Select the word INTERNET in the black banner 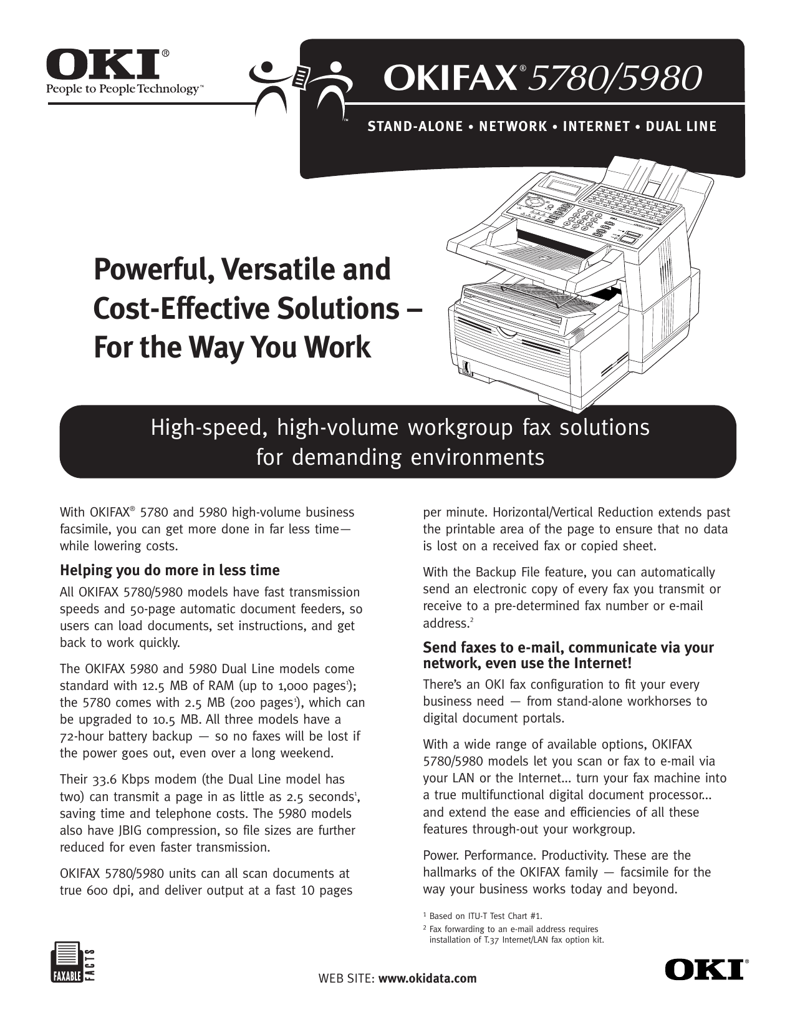[596, 127]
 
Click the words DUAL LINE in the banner [681, 127]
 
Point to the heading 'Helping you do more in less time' [170, 570]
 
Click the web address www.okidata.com [428, 978]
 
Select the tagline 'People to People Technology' [122, 89]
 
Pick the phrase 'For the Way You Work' [232, 347]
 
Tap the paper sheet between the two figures [301, 76]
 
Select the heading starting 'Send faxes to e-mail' [568, 655]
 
